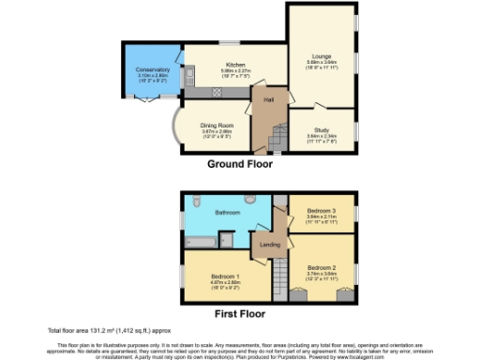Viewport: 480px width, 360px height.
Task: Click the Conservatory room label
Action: (151, 69)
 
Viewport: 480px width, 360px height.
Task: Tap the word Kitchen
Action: (222, 64)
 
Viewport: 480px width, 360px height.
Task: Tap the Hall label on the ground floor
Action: (268, 98)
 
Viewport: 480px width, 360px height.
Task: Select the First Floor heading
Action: (241, 315)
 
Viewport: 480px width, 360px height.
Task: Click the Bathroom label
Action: (229, 213)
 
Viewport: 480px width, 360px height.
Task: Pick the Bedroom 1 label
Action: (225, 277)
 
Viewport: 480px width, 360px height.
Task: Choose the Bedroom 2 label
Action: (322, 266)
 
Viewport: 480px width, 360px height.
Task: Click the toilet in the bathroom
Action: (196, 201)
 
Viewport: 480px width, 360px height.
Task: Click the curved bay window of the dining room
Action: (174, 130)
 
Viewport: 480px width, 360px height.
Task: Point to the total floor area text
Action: (105, 331)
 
